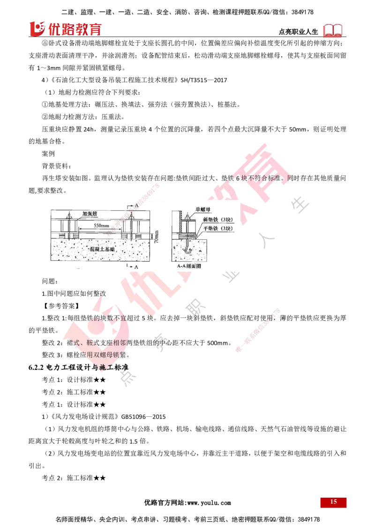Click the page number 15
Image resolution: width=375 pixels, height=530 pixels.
[x=333, y=501]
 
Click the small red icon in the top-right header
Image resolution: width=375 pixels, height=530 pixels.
[x=333, y=31]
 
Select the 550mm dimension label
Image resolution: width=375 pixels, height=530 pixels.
[x=102, y=226]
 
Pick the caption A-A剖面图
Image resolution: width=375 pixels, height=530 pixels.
[x=187, y=265]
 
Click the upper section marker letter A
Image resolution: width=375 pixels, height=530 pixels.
[x=136, y=206]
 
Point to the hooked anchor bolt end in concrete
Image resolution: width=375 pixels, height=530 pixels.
[x=187, y=253]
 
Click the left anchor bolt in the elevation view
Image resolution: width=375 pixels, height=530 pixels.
[x=69, y=229]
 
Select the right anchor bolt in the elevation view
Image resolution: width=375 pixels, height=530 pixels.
[x=133, y=229]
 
